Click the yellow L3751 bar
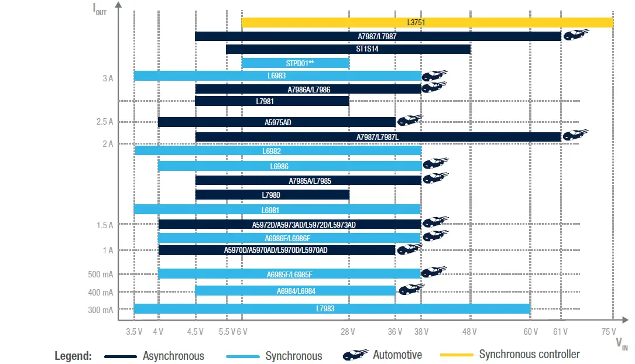click(427, 23)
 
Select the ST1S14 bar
click(348, 49)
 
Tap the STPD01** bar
click(296, 63)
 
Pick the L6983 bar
click(277, 75)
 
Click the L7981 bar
click(272, 101)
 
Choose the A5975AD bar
click(277, 122)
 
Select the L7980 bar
click(272, 194)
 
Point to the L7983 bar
click(332, 308)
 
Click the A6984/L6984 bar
click(296, 291)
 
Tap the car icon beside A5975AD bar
click(409, 121)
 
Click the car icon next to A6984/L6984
click(410, 289)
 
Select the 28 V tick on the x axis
click(348, 332)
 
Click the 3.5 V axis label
click(134, 332)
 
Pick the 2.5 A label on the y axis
click(105, 122)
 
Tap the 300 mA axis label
click(101, 310)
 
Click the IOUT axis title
click(101, 10)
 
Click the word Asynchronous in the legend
click(173, 356)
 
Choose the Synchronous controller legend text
click(529, 355)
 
